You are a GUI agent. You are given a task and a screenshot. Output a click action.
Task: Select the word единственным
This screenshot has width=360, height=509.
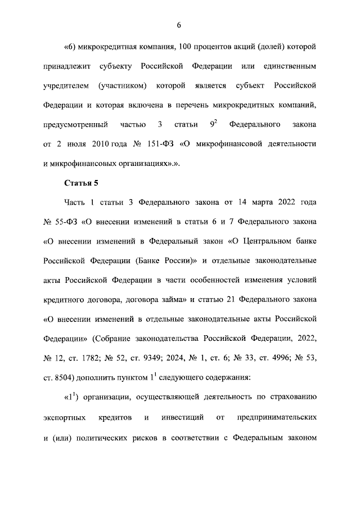pyautogui.click(x=288, y=67)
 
